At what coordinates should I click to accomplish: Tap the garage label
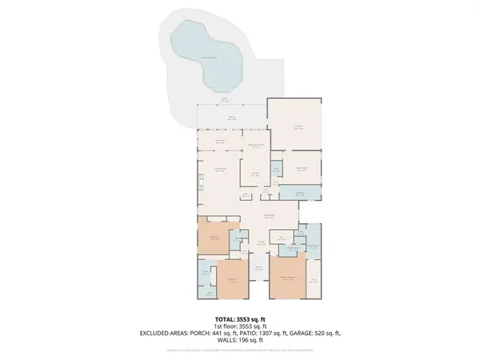point(298,127)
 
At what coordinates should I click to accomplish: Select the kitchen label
point(255,174)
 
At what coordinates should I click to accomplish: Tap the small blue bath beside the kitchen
point(275,170)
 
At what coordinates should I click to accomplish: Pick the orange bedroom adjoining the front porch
point(233,279)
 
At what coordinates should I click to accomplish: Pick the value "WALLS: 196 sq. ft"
point(240,342)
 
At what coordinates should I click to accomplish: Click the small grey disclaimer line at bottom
point(240,350)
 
